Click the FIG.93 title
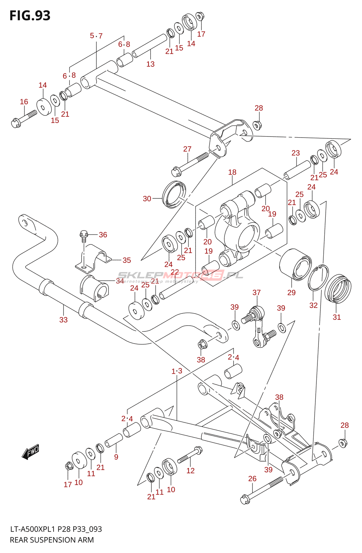point(30,16)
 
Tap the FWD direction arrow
point(31,451)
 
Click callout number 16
point(24,102)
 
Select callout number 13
point(150,64)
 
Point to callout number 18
point(232,172)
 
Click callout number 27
point(187,149)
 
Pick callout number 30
point(147,199)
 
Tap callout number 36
point(103,235)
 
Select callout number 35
point(127,260)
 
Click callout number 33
point(63,320)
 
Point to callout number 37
point(256,292)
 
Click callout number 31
point(336,317)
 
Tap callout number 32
point(313,305)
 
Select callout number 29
point(292,292)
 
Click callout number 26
point(252,479)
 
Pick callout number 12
point(190,470)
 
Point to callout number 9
point(116,457)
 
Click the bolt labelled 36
point(83,235)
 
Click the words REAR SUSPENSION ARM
point(52,540)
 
